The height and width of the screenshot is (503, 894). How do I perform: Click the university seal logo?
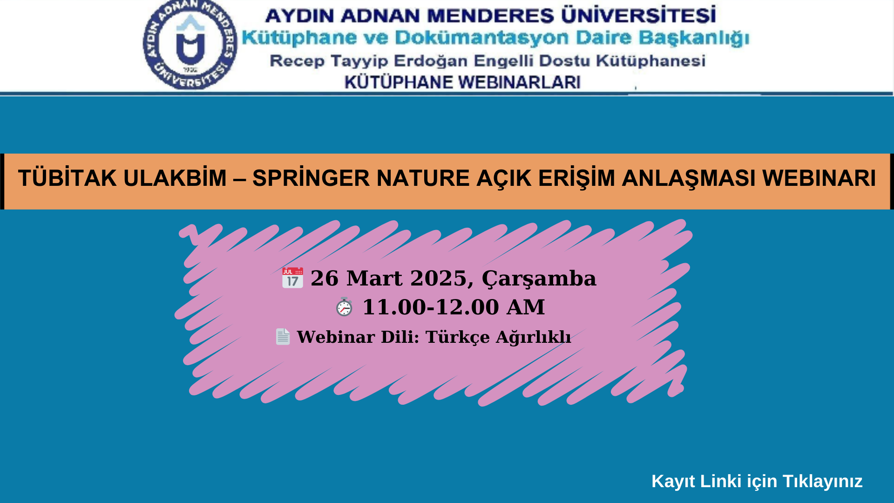tap(190, 45)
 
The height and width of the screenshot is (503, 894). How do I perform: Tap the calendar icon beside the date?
tap(292, 278)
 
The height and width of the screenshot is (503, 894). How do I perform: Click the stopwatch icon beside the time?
tap(344, 306)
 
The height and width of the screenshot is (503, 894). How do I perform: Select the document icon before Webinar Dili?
tap(283, 336)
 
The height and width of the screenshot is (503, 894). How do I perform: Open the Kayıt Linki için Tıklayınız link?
tap(757, 481)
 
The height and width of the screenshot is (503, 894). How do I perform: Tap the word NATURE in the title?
tap(423, 178)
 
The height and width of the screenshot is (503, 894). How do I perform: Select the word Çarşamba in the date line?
tap(539, 279)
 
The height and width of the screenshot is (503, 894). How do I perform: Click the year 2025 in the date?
tap(438, 278)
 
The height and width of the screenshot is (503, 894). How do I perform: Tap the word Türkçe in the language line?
tap(458, 337)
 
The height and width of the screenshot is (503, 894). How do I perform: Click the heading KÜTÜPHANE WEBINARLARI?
tap(462, 82)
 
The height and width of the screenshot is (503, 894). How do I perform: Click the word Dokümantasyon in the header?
tap(481, 37)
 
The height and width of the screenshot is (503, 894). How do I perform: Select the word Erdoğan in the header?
tap(431, 61)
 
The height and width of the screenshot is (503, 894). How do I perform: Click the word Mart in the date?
tap(374, 278)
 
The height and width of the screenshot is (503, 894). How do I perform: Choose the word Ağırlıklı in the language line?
tap(533, 337)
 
